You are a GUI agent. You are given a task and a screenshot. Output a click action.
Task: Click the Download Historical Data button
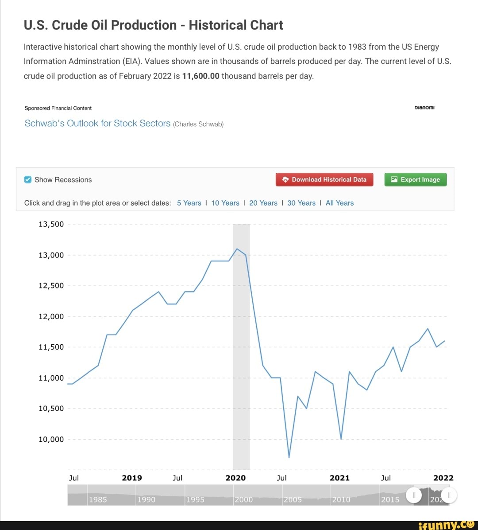(x=324, y=179)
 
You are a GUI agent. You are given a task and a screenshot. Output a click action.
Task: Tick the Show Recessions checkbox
(x=27, y=179)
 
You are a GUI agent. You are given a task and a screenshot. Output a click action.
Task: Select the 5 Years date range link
(x=189, y=203)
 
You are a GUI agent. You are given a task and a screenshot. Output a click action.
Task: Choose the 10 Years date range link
(x=225, y=203)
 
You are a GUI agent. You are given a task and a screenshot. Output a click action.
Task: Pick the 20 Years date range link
(x=263, y=203)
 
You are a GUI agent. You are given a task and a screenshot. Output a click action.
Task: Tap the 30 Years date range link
(x=301, y=203)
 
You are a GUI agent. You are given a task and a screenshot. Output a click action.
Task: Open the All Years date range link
(x=339, y=203)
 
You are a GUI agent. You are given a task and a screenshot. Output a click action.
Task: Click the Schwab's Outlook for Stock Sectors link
(x=97, y=124)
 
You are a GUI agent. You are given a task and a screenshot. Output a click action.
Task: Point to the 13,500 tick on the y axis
(x=51, y=224)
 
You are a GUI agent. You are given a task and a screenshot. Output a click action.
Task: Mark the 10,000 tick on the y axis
(x=51, y=439)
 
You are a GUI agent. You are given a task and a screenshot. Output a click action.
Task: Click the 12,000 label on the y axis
(x=51, y=316)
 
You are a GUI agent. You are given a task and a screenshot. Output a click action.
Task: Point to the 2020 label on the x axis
(x=235, y=478)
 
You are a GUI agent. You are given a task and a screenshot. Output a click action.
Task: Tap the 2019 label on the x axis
(x=132, y=478)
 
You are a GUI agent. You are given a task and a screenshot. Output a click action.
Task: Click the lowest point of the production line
(x=289, y=457)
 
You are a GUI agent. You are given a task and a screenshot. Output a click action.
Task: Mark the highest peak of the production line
(x=237, y=249)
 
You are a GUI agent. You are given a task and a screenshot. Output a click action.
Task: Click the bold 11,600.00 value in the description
(x=200, y=76)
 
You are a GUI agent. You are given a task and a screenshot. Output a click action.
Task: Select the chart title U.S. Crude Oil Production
(x=153, y=25)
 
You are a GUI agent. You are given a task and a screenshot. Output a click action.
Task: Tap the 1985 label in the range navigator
(x=97, y=499)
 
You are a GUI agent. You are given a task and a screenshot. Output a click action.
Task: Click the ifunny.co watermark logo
(x=447, y=525)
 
